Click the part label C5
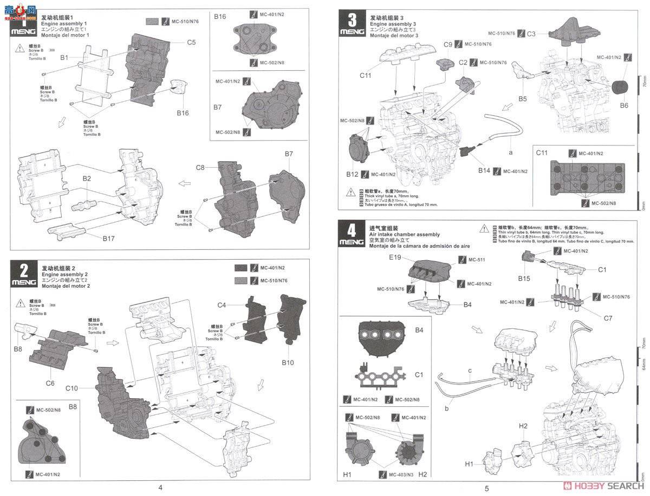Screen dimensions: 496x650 pyautogui.click(x=191, y=42)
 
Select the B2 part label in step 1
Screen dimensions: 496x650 pyautogui.click(x=87, y=178)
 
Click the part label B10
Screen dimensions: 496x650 pyautogui.click(x=287, y=362)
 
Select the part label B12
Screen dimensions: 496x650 pyautogui.click(x=352, y=174)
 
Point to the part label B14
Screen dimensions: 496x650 pyautogui.click(x=484, y=171)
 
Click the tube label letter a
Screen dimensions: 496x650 pyautogui.click(x=510, y=153)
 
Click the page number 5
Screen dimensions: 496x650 pyautogui.click(x=486, y=488)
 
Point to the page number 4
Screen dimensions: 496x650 pyautogui.click(x=160, y=487)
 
